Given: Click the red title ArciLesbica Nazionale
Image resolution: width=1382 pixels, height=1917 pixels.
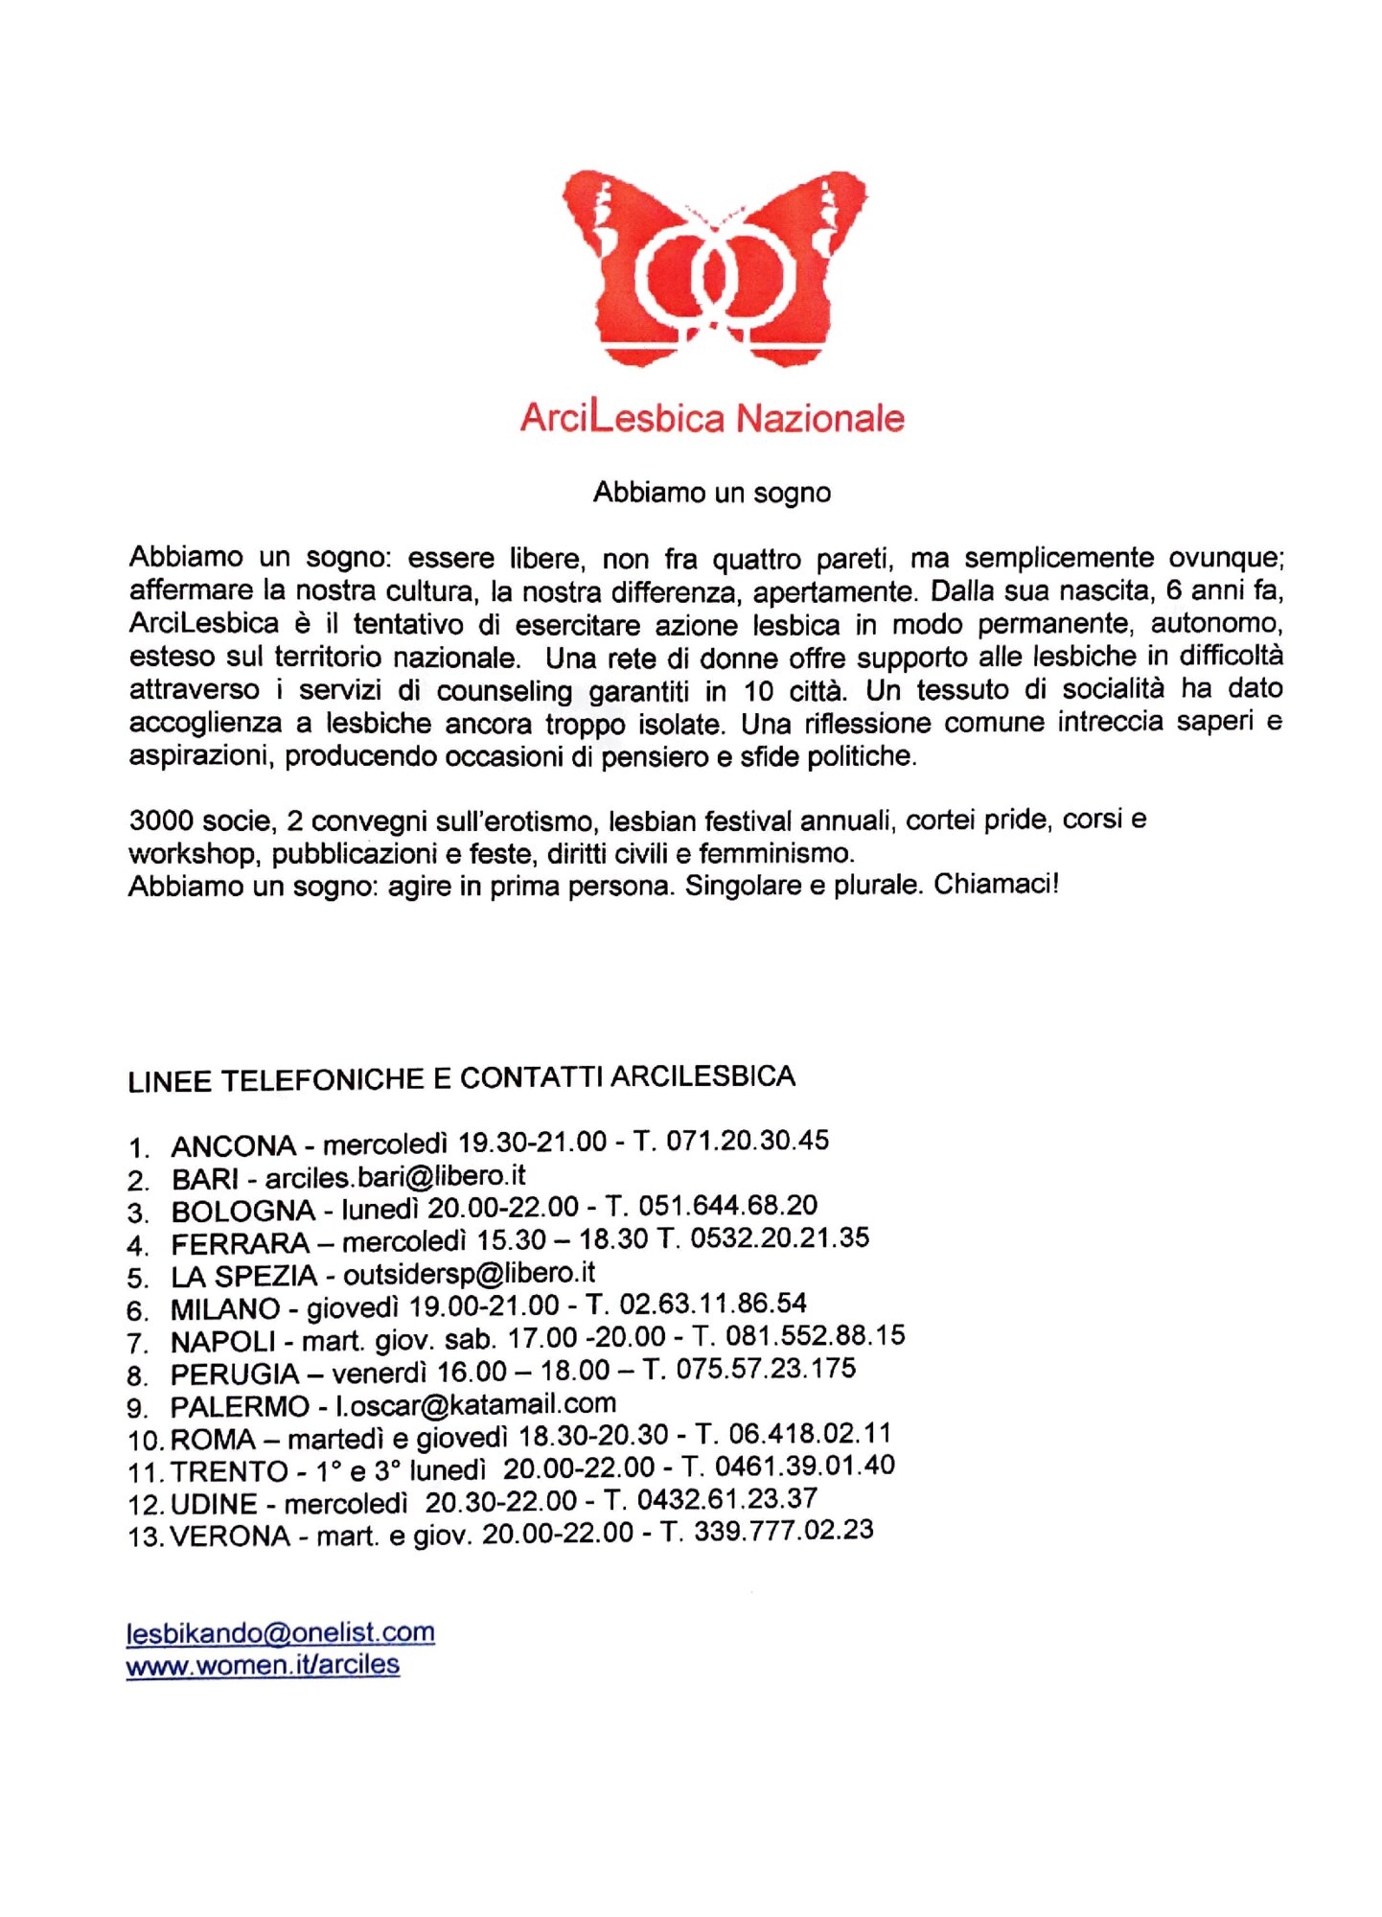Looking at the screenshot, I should [712, 419].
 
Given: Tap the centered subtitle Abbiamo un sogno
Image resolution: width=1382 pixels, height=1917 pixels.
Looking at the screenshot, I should [711, 493].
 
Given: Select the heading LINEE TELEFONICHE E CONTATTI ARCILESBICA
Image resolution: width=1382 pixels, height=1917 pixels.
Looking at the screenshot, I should [461, 1078].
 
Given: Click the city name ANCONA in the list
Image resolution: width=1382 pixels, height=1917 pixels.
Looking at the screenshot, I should [234, 1145].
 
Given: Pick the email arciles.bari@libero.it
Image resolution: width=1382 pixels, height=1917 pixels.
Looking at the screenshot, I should [395, 1176].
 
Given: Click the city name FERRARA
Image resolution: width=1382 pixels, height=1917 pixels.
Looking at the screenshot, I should [240, 1244].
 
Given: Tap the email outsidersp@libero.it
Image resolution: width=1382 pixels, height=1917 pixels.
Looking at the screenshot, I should [469, 1274].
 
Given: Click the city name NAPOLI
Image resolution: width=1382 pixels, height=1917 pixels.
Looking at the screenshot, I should [222, 1341].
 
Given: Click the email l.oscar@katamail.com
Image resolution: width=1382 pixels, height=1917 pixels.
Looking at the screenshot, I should [475, 1404].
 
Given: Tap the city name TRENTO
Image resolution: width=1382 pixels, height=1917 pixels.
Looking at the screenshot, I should [229, 1471].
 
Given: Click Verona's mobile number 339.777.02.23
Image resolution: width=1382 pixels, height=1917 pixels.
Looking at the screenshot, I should [783, 1531].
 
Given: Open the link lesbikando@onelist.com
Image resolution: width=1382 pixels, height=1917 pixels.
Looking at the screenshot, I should [280, 1632].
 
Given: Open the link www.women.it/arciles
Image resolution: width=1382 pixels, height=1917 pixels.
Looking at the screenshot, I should [263, 1665].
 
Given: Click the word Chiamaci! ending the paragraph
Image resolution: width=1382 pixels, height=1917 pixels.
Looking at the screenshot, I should [996, 884].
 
